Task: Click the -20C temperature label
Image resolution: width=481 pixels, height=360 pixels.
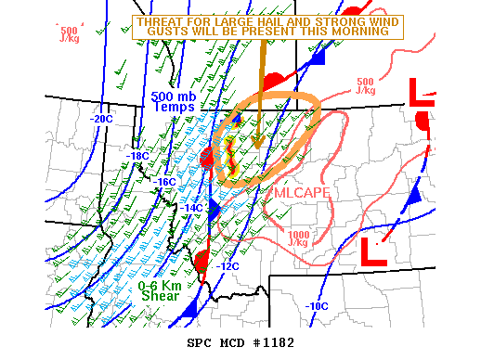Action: pos(100,119)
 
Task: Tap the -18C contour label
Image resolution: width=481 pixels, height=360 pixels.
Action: pos(138,155)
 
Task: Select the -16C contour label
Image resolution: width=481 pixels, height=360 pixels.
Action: pos(166,182)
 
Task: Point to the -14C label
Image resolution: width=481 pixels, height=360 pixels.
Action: pos(191,208)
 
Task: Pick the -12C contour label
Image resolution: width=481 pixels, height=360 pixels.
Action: pos(228,266)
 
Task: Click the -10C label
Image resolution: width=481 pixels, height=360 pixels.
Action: pos(318,306)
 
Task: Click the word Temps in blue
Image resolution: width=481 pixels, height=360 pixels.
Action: pos(175,107)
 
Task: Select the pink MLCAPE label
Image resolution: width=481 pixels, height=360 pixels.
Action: pos(301,192)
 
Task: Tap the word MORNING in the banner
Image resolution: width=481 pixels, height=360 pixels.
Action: pos(357,32)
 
